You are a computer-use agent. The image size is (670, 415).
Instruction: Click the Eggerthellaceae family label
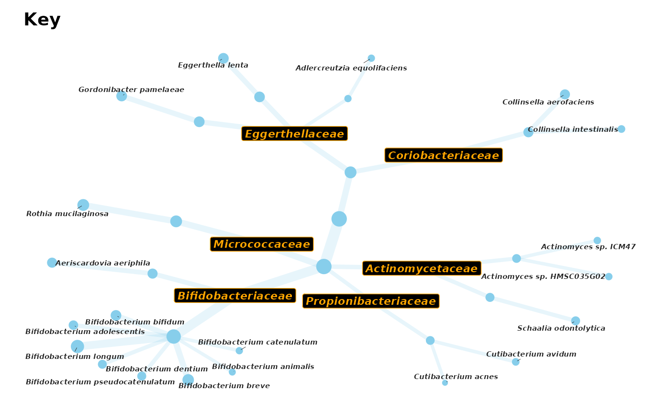point(295,134)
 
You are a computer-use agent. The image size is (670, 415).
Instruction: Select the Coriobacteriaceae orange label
point(444,155)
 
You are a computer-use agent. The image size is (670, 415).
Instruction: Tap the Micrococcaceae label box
point(262,244)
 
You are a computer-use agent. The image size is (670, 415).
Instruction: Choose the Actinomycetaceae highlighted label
point(422,268)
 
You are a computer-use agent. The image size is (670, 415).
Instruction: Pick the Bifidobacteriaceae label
point(235,296)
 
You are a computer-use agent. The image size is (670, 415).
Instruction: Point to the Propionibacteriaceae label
point(371,301)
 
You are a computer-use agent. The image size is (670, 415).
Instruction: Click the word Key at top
point(42,20)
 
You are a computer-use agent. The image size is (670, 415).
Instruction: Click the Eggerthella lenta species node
point(223,58)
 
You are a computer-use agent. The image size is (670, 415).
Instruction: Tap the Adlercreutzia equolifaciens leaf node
point(371,58)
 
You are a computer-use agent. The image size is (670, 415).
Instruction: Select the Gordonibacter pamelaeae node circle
point(122,96)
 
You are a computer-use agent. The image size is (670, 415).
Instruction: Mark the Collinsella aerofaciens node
point(565,94)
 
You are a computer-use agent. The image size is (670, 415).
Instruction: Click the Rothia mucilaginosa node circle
point(83,205)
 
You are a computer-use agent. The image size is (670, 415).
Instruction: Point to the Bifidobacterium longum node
point(78,346)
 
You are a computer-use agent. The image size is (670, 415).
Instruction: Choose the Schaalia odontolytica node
point(575,321)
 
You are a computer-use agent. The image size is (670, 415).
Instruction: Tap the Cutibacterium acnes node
point(445,383)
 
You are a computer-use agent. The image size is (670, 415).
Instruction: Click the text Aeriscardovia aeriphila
point(102,263)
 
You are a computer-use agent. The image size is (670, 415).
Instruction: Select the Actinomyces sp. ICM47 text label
point(588,247)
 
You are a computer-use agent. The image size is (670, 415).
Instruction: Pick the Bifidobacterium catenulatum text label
point(257,342)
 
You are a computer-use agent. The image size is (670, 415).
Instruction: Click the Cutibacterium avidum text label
point(531,354)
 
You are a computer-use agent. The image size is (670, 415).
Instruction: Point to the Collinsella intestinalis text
point(573,129)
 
